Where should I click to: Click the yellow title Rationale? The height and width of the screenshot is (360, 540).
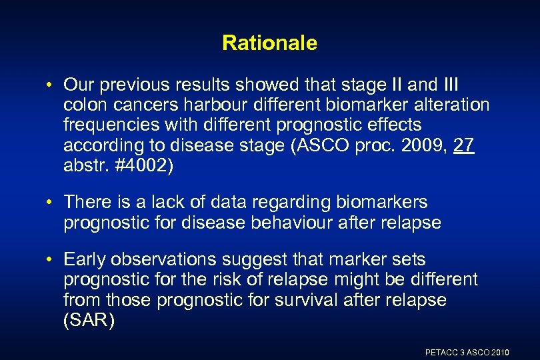tap(269, 43)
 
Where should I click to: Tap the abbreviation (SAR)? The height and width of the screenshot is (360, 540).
tap(89, 320)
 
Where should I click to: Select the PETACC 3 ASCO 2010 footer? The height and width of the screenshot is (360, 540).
tap(467, 352)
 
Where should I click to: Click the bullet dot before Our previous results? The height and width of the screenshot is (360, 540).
tap(51, 86)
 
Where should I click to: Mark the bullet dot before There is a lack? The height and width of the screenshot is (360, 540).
tap(51, 202)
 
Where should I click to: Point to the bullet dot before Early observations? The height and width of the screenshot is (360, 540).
tap(51, 259)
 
